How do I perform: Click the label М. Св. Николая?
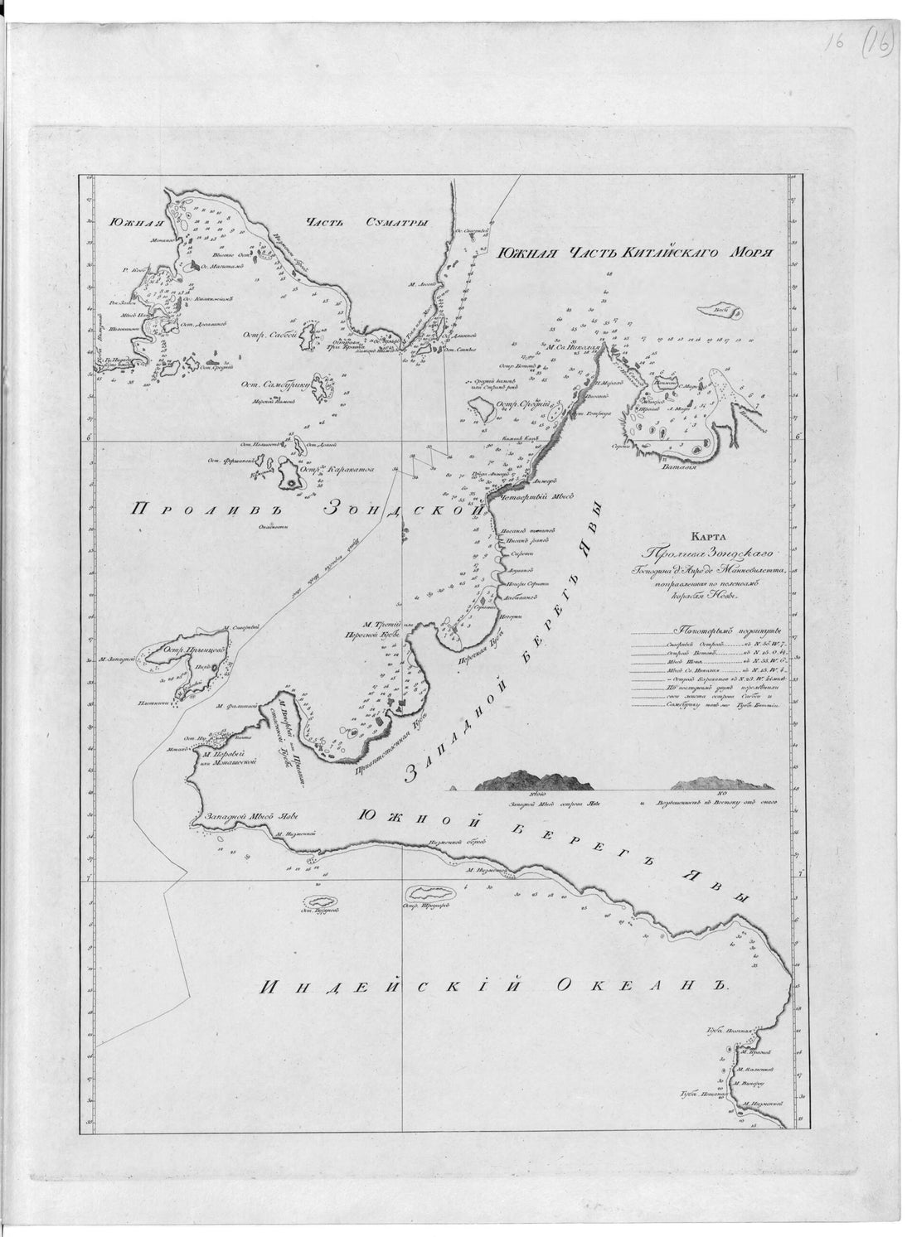[x=573, y=348]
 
